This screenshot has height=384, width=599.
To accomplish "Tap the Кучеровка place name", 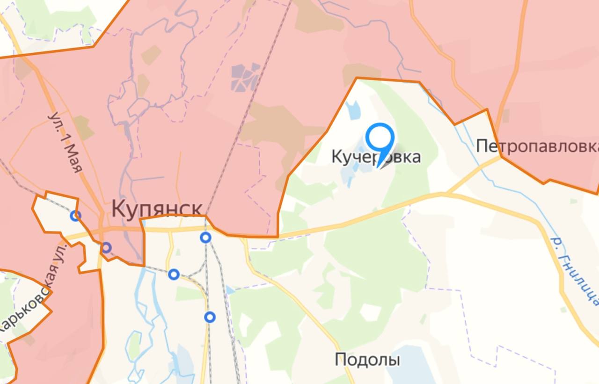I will pyautogui.click(x=376, y=157).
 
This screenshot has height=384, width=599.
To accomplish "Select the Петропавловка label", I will pyautogui.click(x=537, y=146).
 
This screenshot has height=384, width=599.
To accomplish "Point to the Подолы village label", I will pyautogui.click(x=367, y=360).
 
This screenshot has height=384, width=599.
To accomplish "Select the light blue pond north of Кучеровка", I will pyautogui.click(x=354, y=109).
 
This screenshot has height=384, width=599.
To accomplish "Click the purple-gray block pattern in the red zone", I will pyautogui.click(x=245, y=77).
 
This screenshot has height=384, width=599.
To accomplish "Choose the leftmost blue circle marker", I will pyautogui.click(x=75, y=216).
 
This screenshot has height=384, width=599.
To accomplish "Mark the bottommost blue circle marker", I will pyautogui.click(x=210, y=317).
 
